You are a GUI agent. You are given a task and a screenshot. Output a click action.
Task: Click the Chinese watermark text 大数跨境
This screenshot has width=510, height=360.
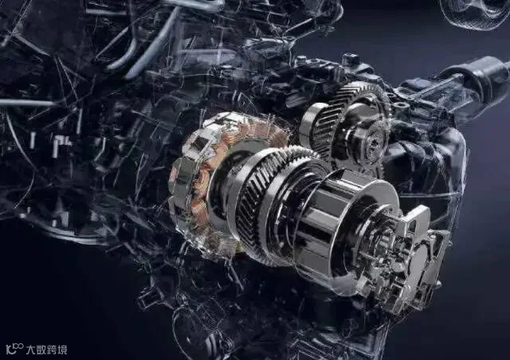pyautogui.click(x=46, y=350)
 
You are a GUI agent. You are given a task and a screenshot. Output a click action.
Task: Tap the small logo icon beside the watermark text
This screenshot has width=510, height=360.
pyautogui.click(x=15, y=349)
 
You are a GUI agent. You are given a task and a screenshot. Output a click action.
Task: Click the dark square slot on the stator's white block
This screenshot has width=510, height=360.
pyautogui.click(x=199, y=142)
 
